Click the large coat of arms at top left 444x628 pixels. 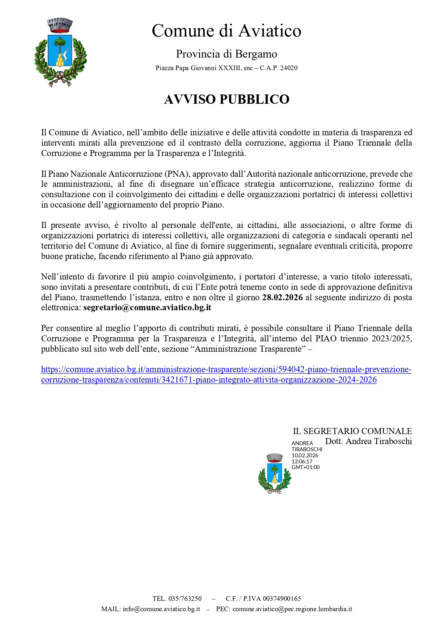point(60,53)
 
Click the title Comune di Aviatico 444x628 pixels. point(226,31)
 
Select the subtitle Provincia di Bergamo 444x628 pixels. point(226,54)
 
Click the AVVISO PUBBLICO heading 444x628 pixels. point(226,99)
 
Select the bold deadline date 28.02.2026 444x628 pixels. point(282,297)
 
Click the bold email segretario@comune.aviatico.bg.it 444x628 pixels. point(147,308)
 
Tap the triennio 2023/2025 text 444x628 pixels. point(387,339)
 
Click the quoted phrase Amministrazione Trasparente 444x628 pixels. point(250,349)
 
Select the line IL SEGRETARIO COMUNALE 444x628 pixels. point(352,431)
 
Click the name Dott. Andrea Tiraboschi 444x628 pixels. point(368,441)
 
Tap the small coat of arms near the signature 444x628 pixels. point(274,473)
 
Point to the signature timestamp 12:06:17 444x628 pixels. point(302,462)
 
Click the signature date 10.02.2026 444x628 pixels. point(305,456)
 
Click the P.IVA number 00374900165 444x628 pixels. point(282,599)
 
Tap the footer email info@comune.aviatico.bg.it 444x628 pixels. point(161,609)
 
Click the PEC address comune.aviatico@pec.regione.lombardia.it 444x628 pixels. point(292,609)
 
